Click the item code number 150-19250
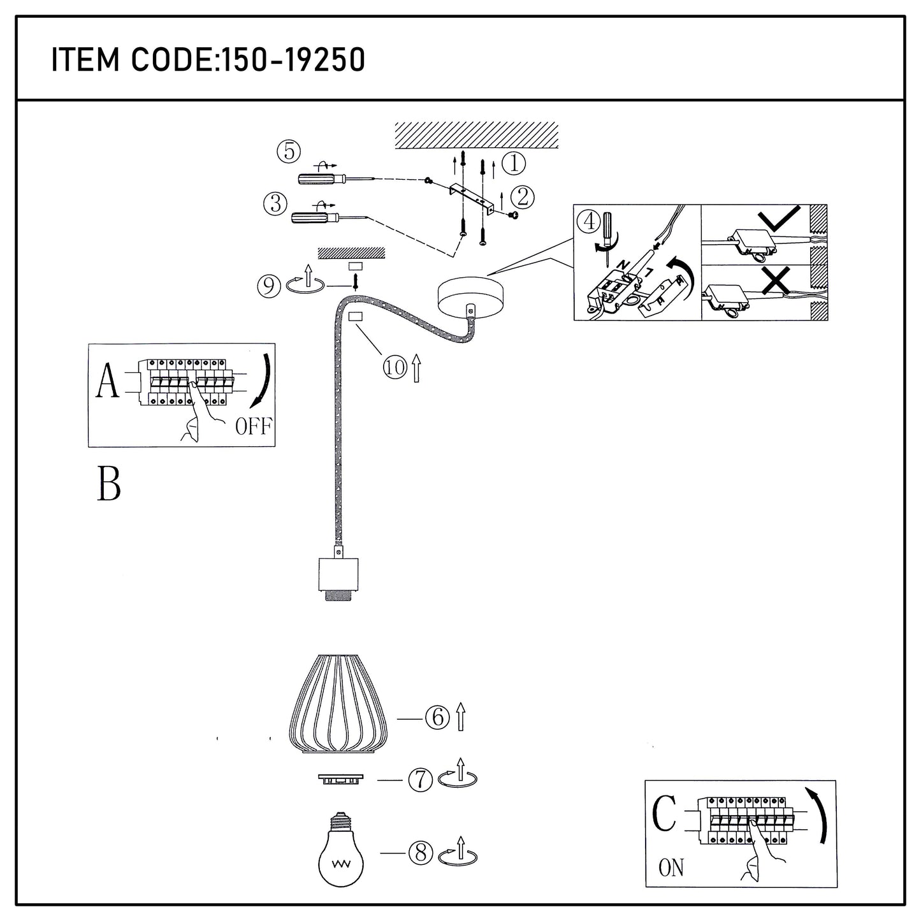292,60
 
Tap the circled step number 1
514,164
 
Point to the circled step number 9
269,286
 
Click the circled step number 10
395,367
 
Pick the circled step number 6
437,718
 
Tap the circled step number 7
420,780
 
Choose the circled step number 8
420,853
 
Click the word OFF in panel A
253,426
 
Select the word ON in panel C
671,867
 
